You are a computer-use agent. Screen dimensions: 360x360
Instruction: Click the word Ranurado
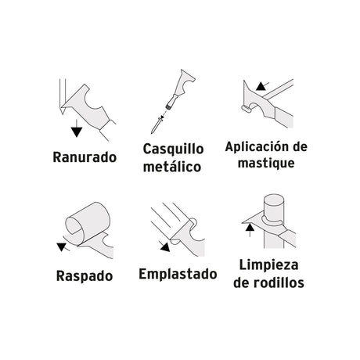pyautogui.click(x=85, y=157)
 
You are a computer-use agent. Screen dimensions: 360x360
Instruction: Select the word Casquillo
pyautogui.click(x=173, y=149)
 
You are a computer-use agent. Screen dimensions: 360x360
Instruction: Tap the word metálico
pyautogui.click(x=172, y=167)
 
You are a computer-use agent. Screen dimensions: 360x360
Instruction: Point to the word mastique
pyautogui.click(x=266, y=163)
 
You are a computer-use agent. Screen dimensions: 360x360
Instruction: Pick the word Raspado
pyautogui.click(x=85, y=276)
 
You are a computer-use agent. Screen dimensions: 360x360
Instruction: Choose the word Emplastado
pyautogui.click(x=178, y=274)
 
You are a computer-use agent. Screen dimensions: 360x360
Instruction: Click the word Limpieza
pyautogui.click(x=268, y=265)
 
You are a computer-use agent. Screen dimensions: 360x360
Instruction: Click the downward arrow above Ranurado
pyautogui.click(x=77, y=128)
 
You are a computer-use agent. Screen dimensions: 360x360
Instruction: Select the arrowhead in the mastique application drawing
pyautogui.click(x=261, y=86)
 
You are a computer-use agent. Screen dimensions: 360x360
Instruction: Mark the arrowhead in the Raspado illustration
pyautogui.click(x=62, y=247)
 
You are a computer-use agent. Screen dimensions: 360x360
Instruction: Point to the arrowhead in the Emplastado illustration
pyautogui.click(x=165, y=247)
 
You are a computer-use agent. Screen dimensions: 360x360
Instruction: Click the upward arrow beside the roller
pyautogui.click(x=250, y=230)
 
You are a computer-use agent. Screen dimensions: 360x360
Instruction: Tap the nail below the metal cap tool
pyautogui.click(x=157, y=125)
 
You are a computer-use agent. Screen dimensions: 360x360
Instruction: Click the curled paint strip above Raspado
pyautogui.click(x=88, y=221)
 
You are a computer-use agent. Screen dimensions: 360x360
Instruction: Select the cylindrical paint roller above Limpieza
pyautogui.click(x=274, y=206)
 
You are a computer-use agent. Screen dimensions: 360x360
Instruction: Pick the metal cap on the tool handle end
pyautogui.click(x=169, y=106)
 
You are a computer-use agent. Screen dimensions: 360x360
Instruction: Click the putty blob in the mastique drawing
pyautogui.click(x=247, y=108)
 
